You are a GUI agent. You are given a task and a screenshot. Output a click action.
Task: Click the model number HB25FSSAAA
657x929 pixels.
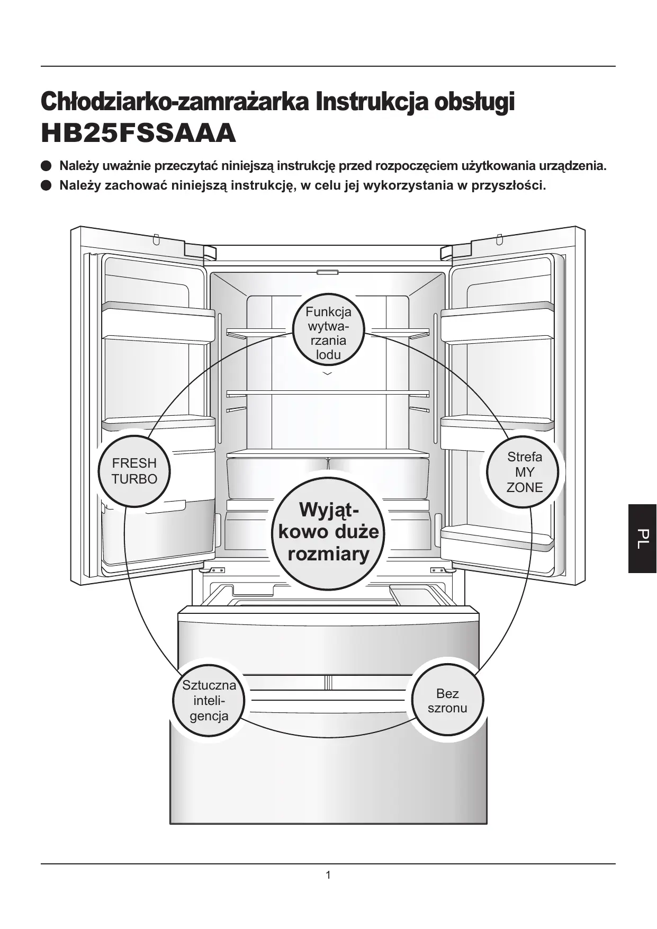138,133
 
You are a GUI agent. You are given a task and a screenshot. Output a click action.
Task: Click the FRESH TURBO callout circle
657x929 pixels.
134,471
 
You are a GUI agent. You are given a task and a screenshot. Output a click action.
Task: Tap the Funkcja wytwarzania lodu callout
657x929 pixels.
328,333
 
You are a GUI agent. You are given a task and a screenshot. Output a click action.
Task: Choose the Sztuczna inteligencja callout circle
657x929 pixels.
209,700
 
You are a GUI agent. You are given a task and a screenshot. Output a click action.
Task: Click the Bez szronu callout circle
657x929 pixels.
447,701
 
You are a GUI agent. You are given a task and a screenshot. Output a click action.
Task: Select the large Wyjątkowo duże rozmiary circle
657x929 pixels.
328,532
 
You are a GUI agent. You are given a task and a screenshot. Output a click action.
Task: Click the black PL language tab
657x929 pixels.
642,538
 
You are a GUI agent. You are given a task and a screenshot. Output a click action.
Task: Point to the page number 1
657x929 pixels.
328,875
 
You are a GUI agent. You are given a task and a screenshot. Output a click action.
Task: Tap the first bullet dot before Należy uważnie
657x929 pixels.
47,166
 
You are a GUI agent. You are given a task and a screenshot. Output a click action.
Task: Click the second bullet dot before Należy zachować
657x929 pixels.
47,186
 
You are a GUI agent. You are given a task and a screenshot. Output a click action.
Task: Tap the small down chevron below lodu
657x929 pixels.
328,374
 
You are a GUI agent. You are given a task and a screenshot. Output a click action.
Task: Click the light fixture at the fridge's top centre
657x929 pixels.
328,273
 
